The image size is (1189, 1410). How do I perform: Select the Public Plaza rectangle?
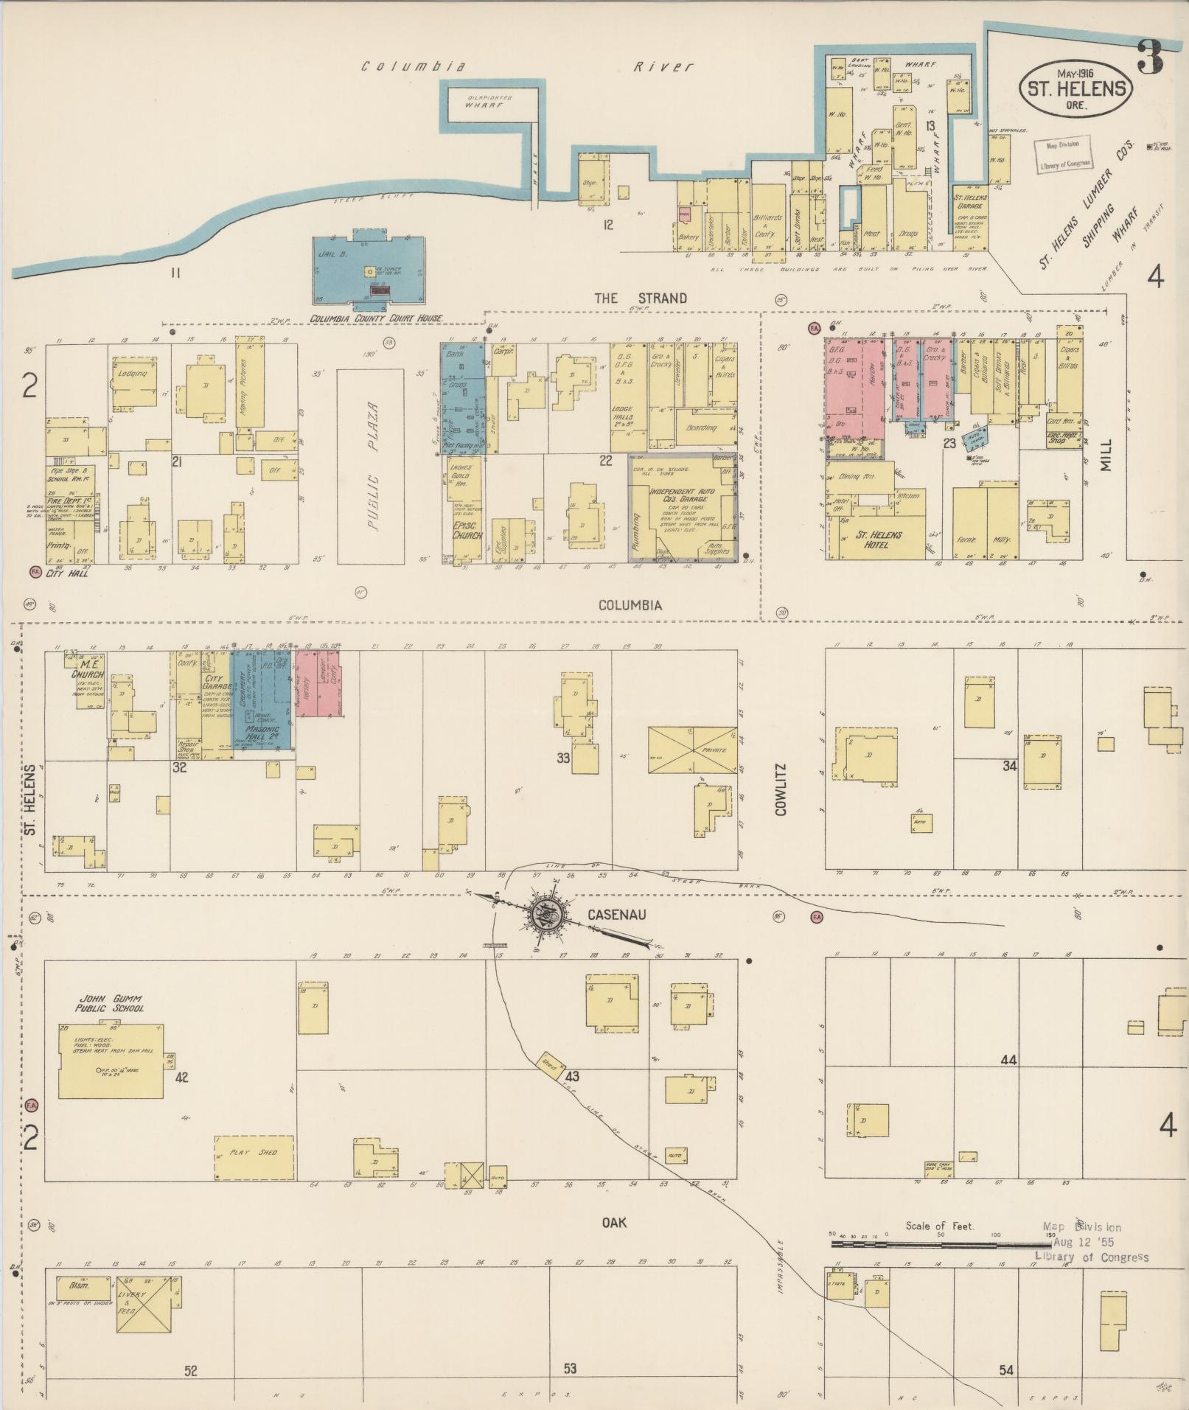pyautogui.click(x=370, y=466)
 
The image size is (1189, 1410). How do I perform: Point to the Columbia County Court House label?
pyautogui.click(x=376, y=318)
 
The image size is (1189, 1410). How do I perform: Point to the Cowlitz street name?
pyautogui.click(x=781, y=789)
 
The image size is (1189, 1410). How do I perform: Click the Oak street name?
pyautogui.click(x=613, y=1223)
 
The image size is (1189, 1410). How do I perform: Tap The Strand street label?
pyautogui.click(x=640, y=299)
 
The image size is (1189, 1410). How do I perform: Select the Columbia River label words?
pyautogui.click(x=527, y=67)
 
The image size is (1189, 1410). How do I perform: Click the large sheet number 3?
pyautogui.click(x=1149, y=57)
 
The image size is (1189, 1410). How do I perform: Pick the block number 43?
pyautogui.click(x=571, y=1077)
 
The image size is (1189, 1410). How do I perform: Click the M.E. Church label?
pyautogui.click(x=86, y=671)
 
